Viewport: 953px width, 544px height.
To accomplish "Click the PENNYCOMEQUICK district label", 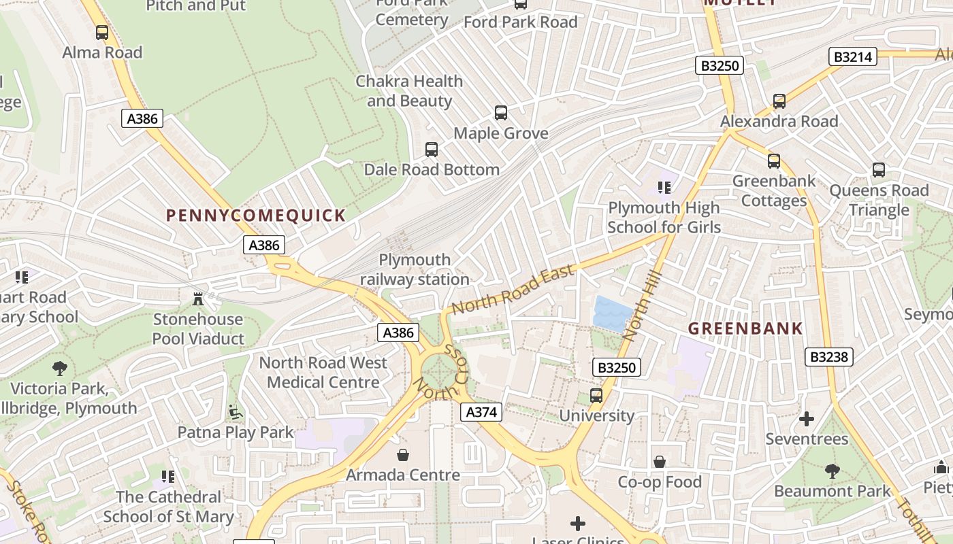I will pos(256,216).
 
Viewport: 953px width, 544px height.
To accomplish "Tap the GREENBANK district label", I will pos(745,328).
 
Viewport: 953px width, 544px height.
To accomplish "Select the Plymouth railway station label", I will pos(415,269).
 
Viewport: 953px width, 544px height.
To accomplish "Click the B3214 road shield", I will pos(853,56).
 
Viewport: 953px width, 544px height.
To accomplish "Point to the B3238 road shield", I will pos(828,356).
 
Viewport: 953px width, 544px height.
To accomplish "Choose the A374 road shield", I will pos(481,411).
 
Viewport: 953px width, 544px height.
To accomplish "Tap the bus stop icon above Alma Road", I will pos(102,32).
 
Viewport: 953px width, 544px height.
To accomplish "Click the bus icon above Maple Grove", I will pos(501,112).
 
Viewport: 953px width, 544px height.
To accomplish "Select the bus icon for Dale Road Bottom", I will pos(431,149).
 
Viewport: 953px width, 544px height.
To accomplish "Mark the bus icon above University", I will pos(596,395).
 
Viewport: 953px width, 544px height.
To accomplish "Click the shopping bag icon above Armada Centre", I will pos(403,454).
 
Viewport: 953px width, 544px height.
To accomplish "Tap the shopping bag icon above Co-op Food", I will pos(659,462).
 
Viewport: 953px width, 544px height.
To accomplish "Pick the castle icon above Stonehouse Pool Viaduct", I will pos(198,299).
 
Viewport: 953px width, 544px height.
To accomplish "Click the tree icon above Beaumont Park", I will pos(832,471).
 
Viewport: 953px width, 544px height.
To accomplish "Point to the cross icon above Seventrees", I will pos(807,418).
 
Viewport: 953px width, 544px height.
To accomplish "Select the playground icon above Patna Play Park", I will pos(235,412).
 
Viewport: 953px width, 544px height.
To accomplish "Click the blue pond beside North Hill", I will pos(613,313).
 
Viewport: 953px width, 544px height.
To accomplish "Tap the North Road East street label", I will pos(513,290).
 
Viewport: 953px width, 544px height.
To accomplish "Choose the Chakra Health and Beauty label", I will pos(409,90).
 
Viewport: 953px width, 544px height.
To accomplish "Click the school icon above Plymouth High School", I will pos(664,187).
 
